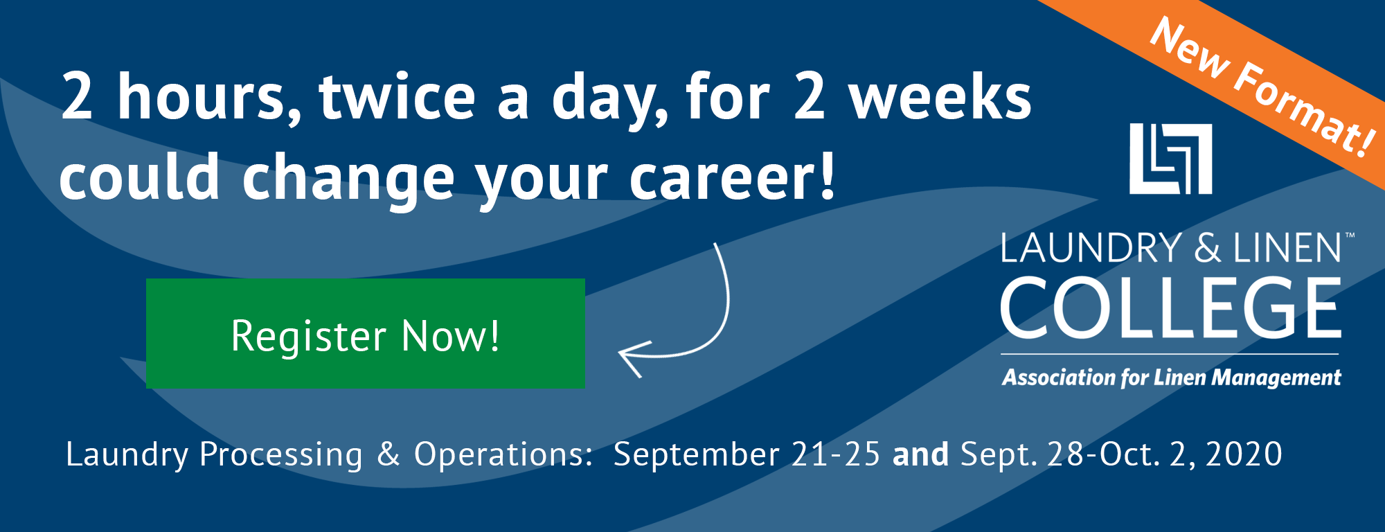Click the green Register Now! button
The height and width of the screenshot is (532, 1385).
tap(366, 333)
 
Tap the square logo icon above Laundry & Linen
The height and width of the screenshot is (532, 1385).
tap(1170, 159)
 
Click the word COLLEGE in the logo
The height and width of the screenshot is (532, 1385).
tap(1171, 308)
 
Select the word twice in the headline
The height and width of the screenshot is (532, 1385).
tap(397, 97)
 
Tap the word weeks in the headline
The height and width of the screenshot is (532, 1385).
tap(940, 97)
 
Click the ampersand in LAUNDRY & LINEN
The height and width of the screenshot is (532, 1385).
tap(1208, 248)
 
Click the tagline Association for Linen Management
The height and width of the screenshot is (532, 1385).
tap(1171, 378)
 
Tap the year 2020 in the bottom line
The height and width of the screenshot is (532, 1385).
tap(1244, 454)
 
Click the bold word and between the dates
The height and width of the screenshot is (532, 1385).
tap(920, 454)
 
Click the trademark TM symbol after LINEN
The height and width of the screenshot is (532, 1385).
tap(1350, 236)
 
